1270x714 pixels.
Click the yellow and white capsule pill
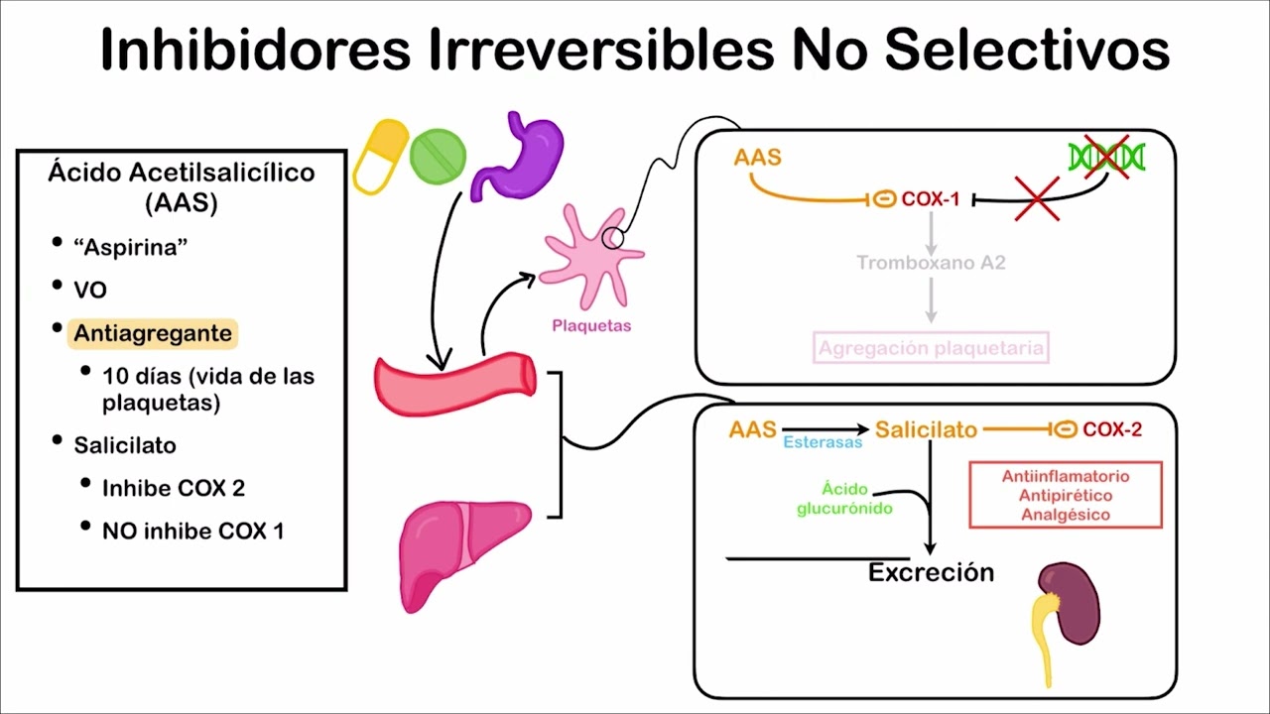pyautogui.click(x=381, y=157)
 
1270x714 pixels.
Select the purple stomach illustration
pyautogui.click(x=518, y=155)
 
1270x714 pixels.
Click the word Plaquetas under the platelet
pyautogui.click(x=591, y=325)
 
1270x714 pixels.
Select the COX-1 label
pyautogui.click(x=930, y=200)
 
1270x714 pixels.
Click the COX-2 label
pyautogui.click(x=1112, y=429)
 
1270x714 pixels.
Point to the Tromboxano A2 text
pyautogui.click(x=931, y=263)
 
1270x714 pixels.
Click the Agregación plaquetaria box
pyautogui.click(x=931, y=348)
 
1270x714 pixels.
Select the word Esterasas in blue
pyautogui.click(x=823, y=442)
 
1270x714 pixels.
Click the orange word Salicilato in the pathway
pyautogui.click(x=926, y=429)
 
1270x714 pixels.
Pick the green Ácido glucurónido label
pyautogui.click(x=844, y=499)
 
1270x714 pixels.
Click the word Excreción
pyautogui.click(x=931, y=573)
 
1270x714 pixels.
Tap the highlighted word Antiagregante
pyautogui.click(x=153, y=333)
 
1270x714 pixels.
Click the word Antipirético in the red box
pyautogui.click(x=1065, y=495)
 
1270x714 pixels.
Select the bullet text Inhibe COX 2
pyautogui.click(x=174, y=488)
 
